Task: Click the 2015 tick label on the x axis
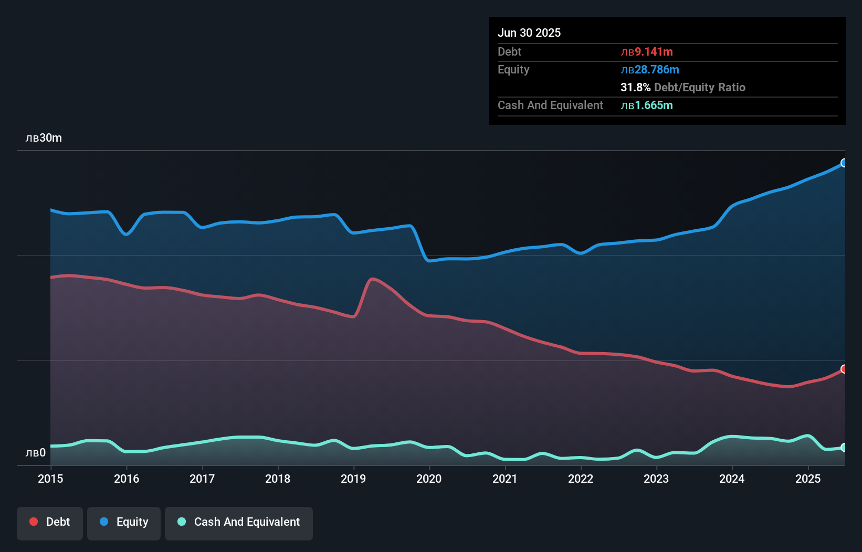pyautogui.click(x=50, y=479)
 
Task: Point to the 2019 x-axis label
pyautogui.click(x=353, y=479)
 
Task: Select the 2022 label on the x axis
pyautogui.click(x=581, y=479)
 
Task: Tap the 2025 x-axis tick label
pyautogui.click(x=808, y=479)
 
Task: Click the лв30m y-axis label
pyautogui.click(x=44, y=138)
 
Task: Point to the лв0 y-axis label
pyautogui.click(x=36, y=453)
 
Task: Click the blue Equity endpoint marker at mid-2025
pyautogui.click(x=844, y=163)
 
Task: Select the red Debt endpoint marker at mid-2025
pyautogui.click(x=844, y=369)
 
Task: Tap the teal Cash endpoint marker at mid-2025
pyautogui.click(x=844, y=448)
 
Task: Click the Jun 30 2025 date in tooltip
pyautogui.click(x=529, y=33)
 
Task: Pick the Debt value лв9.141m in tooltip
pyautogui.click(x=647, y=52)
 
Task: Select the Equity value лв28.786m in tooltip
pyautogui.click(x=650, y=70)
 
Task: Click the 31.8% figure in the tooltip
pyautogui.click(x=635, y=88)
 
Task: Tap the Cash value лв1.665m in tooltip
pyautogui.click(x=647, y=105)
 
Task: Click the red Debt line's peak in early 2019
pyautogui.click(x=373, y=279)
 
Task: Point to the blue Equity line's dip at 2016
pyautogui.click(x=126, y=234)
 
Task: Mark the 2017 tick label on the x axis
pyautogui.click(x=202, y=479)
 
